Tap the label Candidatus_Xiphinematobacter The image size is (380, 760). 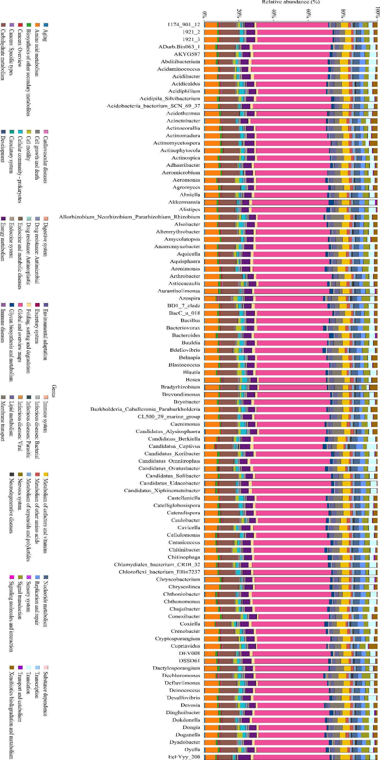[162, 490]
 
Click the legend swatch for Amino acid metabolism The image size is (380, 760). [37, 25]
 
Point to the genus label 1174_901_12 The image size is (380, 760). [184, 24]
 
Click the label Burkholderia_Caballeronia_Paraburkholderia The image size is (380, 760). [145, 409]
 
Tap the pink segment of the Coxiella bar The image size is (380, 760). [288, 624]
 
